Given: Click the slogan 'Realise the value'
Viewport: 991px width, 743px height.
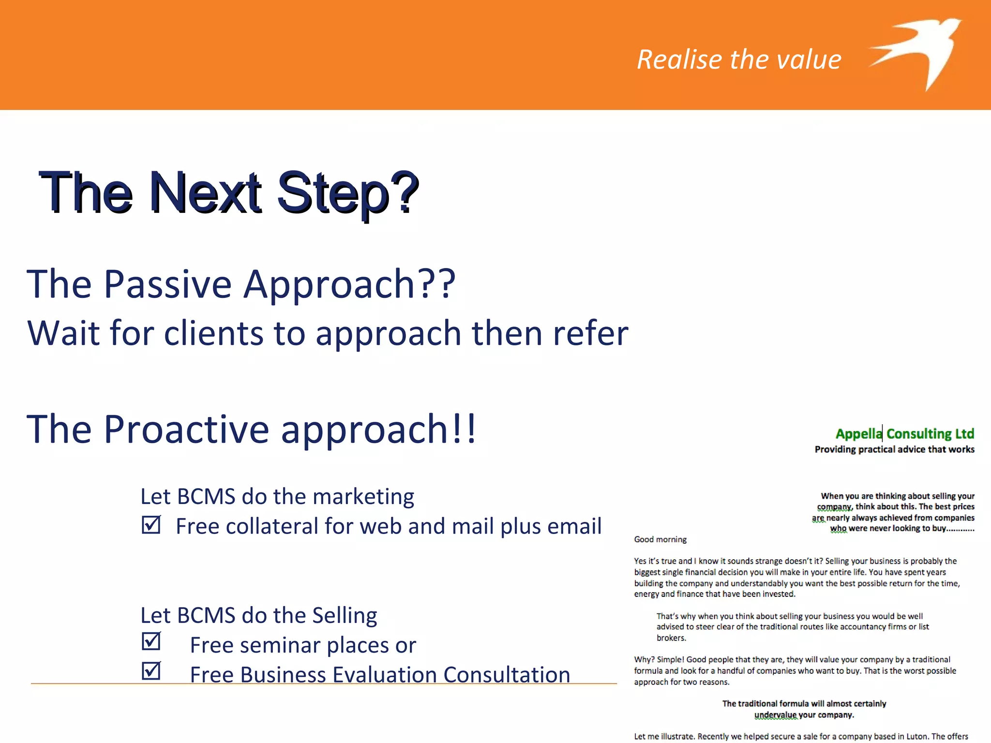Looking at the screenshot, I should tap(739, 59).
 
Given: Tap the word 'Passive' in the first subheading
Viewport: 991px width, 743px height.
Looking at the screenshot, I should tap(167, 284).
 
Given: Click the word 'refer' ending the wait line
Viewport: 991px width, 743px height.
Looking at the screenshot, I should tap(590, 333).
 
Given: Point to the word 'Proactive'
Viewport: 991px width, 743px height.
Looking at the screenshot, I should tap(186, 429).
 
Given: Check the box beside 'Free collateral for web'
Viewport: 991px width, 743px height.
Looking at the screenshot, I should tap(151, 524).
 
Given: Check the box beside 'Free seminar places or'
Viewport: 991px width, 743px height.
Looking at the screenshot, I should tap(151, 641).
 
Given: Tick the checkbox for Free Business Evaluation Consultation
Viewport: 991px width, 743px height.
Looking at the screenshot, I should tap(151, 671).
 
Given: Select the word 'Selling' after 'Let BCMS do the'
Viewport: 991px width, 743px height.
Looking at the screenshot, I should tap(344, 615).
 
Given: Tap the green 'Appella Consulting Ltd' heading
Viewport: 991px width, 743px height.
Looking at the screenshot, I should tap(904, 433).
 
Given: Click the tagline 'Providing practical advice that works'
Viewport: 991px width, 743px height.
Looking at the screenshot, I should tap(894, 449).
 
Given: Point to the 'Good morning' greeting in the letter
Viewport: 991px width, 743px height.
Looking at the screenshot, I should tap(660, 539).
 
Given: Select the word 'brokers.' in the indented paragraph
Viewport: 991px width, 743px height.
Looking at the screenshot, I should tap(671, 638).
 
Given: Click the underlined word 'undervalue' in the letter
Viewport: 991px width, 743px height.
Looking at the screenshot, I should tap(775, 715).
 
